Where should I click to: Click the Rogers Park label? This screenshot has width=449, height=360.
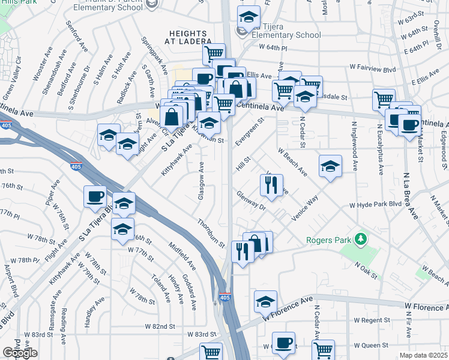coord(328,241)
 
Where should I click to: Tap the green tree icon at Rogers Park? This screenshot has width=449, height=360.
coord(360,240)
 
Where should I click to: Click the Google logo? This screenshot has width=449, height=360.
coord(20,353)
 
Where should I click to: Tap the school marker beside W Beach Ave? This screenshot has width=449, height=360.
coord(330,167)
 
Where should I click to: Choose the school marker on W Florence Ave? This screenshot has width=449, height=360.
coord(265,302)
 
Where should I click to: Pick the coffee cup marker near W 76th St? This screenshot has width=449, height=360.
coord(95,197)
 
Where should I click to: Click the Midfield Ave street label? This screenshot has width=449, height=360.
coord(182,256)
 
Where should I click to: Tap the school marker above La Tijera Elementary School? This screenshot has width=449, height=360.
coord(249,18)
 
